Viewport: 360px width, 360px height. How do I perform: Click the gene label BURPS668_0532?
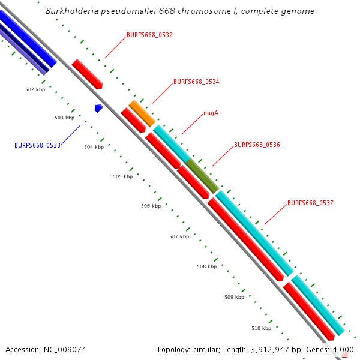click(x=149, y=35)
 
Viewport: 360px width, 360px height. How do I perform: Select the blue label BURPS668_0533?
click(x=37, y=145)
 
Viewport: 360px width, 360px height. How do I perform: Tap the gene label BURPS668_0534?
click(x=196, y=82)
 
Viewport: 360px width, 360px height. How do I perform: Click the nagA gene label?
click(x=211, y=113)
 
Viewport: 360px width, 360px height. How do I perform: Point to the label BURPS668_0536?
click(x=257, y=145)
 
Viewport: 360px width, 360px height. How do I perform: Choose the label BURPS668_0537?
click(x=310, y=203)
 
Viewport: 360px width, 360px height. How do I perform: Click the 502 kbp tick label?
click(x=35, y=89)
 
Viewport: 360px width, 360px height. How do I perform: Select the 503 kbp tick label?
click(x=64, y=118)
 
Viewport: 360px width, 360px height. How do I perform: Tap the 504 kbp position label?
click(x=94, y=147)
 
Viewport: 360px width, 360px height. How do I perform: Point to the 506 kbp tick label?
click(x=151, y=206)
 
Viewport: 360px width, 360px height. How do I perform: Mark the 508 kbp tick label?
click(x=206, y=266)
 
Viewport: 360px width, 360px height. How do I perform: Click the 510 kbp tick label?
click(x=261, y=328)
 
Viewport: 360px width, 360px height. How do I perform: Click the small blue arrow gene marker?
click(x=99, y=108)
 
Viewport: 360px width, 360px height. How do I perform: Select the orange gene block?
click(x=142, y=113)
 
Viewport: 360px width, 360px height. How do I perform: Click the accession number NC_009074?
click(x=65, y=349)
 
